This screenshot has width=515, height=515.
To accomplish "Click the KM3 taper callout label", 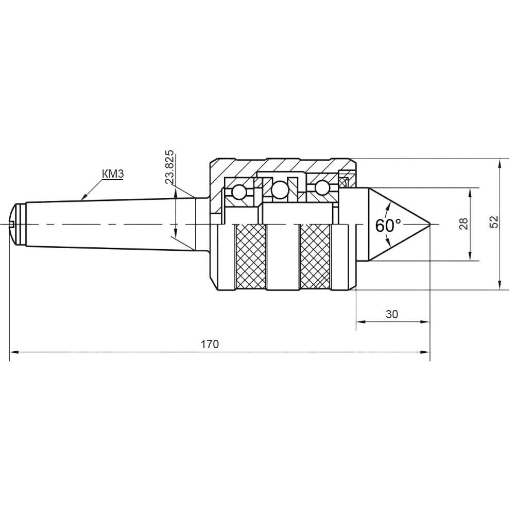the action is (113, 174).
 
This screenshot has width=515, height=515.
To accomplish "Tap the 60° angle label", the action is (388, 226).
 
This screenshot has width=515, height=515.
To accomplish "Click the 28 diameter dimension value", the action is (464, 224).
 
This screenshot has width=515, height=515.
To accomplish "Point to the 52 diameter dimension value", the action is (494, 222).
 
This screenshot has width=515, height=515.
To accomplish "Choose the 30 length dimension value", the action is (392, 314).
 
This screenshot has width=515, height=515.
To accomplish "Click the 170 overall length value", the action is (210, 344).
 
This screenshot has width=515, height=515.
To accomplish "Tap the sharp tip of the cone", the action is (430, 225).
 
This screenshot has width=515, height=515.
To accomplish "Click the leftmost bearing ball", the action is (239, 192).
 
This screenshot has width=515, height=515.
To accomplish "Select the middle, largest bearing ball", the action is (280, 190).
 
